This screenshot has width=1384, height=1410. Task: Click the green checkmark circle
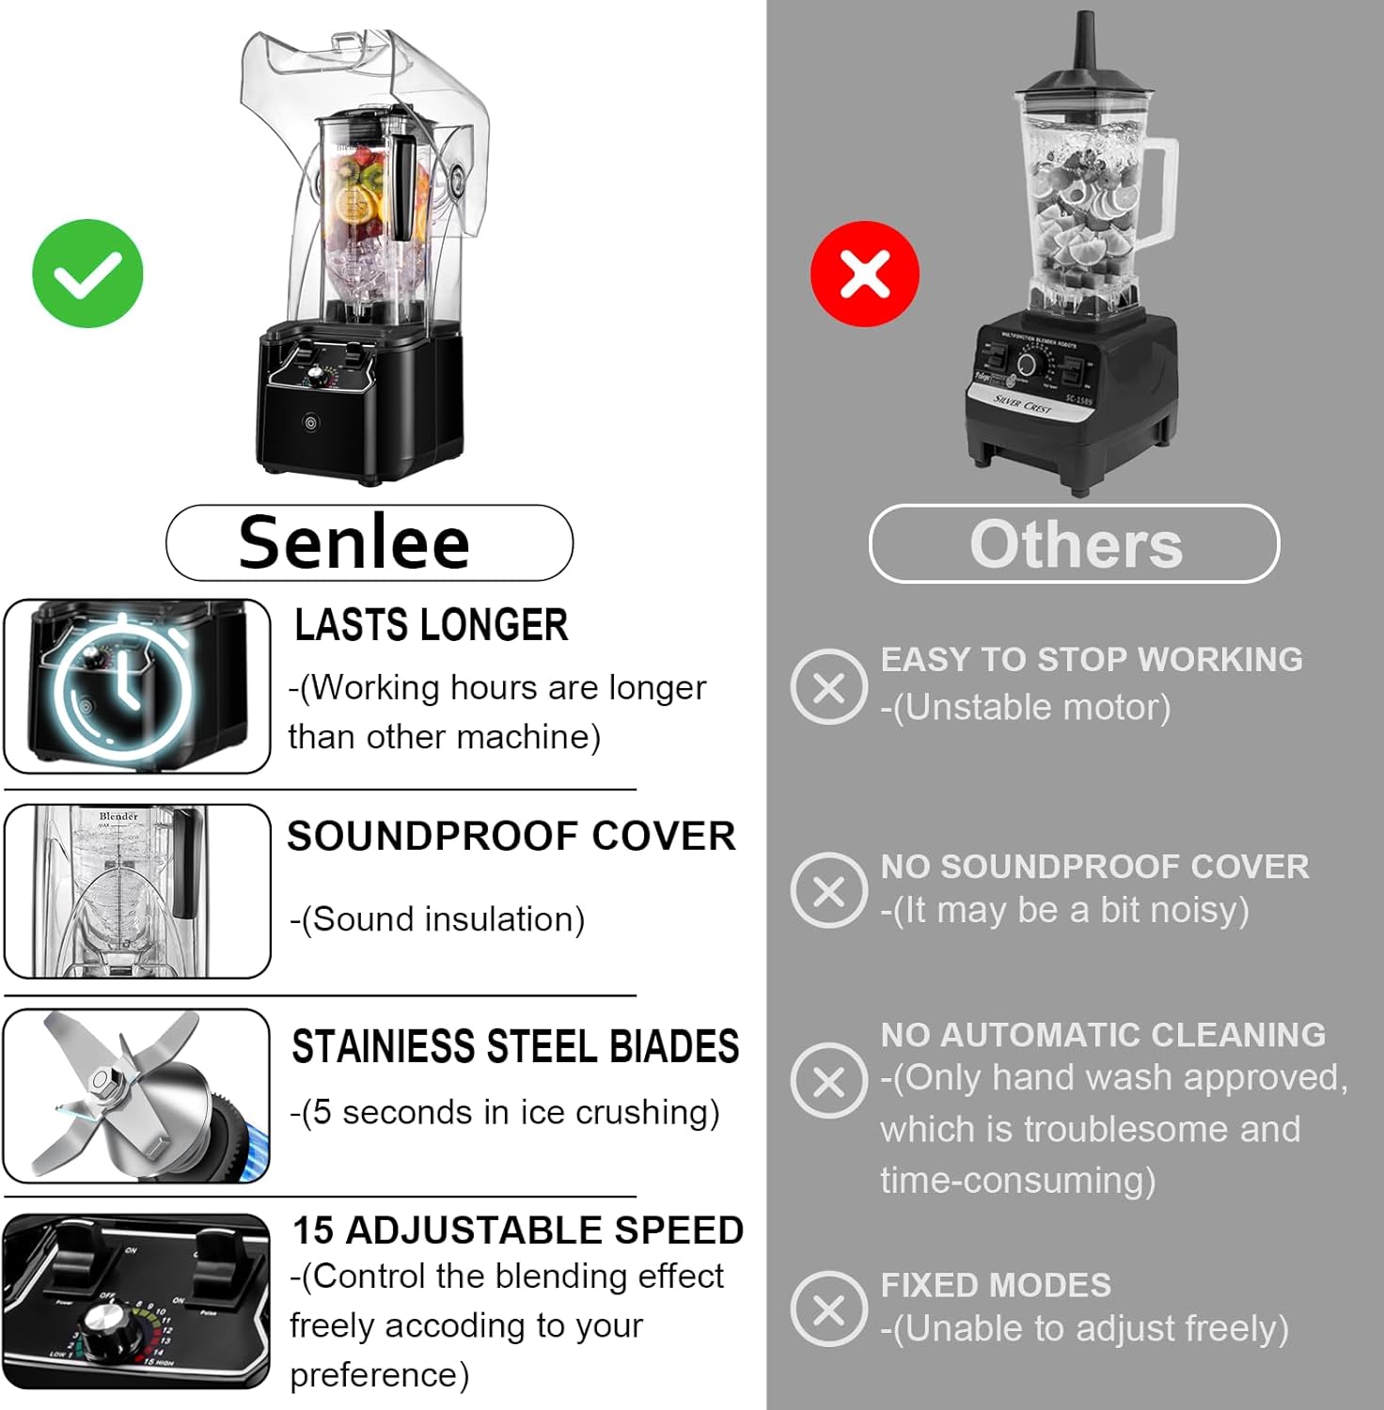87,274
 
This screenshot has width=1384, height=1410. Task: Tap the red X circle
864,274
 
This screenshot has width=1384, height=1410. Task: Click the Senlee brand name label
354,542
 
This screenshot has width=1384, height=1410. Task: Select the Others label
1075,544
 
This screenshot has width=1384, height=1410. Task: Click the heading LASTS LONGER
431,625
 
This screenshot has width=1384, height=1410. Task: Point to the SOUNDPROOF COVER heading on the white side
511,836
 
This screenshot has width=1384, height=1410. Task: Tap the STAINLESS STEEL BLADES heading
515,1046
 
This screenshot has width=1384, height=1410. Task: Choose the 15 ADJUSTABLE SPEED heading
517,1230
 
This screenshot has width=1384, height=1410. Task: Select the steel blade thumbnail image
136,1095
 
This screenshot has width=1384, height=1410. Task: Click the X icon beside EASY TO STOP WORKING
828,687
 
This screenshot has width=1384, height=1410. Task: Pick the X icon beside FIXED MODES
828,1308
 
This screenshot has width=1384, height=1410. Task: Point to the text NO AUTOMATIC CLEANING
1103,1034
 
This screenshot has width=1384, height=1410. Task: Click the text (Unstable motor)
1026,707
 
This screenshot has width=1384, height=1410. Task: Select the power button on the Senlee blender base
311,423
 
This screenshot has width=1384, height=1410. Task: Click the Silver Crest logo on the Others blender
1023,404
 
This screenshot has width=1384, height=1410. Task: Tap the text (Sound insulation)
437,918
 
